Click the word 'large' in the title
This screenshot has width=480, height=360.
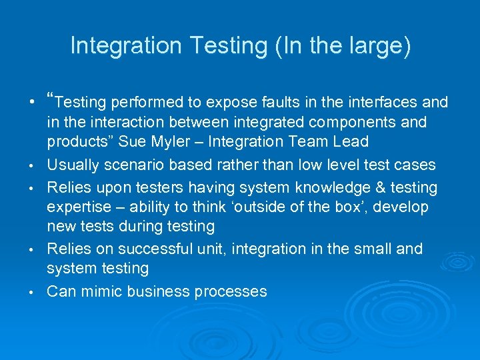[x=378, y=46]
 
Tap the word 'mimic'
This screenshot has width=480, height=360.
[x=99, y=291]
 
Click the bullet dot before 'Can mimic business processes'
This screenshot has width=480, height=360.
[x=31, y=293]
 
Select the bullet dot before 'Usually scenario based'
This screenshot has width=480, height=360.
[x=31, y=166]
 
